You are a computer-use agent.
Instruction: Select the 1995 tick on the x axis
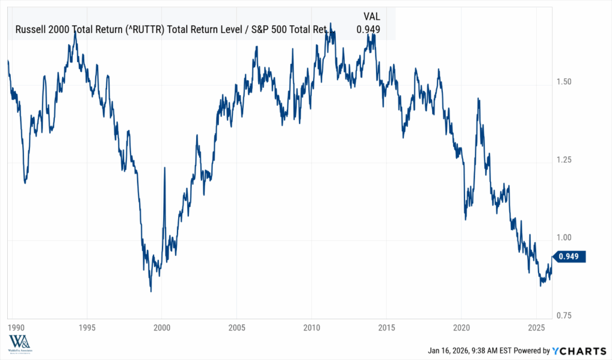click(87, 327)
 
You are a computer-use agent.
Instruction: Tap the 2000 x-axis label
click(162, 327)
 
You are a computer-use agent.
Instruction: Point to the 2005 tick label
click(237, 327)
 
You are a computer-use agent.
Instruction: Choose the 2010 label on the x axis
click(311, 327)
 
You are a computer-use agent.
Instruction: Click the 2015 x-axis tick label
click(386, 327)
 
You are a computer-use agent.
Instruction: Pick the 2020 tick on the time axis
click(461, 327)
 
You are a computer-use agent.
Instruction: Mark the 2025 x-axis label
click(535, 327)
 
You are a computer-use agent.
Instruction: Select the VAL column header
click(371, 16)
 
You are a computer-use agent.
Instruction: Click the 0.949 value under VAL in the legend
click(368, 29)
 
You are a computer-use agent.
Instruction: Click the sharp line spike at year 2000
click(164, 169)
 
